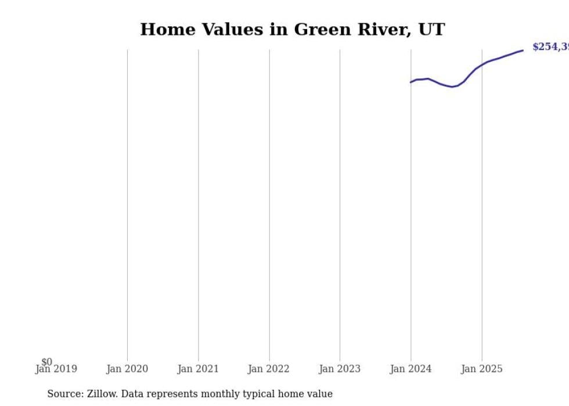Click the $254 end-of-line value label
pyautogui.click(x=550, y=47)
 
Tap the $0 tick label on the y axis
pyautogui.click(x=46, y=362)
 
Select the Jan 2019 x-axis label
pyautogui.click(x=56, y=369)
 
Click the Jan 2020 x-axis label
pyautogui.click(x=127, y=369)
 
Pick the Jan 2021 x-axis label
pyautogui.click(x=198, y=369)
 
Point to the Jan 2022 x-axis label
pyautogui.click(x=269, y=369)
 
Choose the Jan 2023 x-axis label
pyautogui.click(x=340, y=369)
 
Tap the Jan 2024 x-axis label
pyautogui.click(x=410, y=369)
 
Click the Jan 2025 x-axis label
pyautogui.click(x=481, y=369)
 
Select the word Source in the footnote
pyautogui.click(x=64, y=394)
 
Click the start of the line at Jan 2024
pyautogui.click(x=411, y=82)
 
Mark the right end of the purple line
pyautogui.click(x=523, y=51)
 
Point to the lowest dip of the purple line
pyautogui.click(x=452, y=87)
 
